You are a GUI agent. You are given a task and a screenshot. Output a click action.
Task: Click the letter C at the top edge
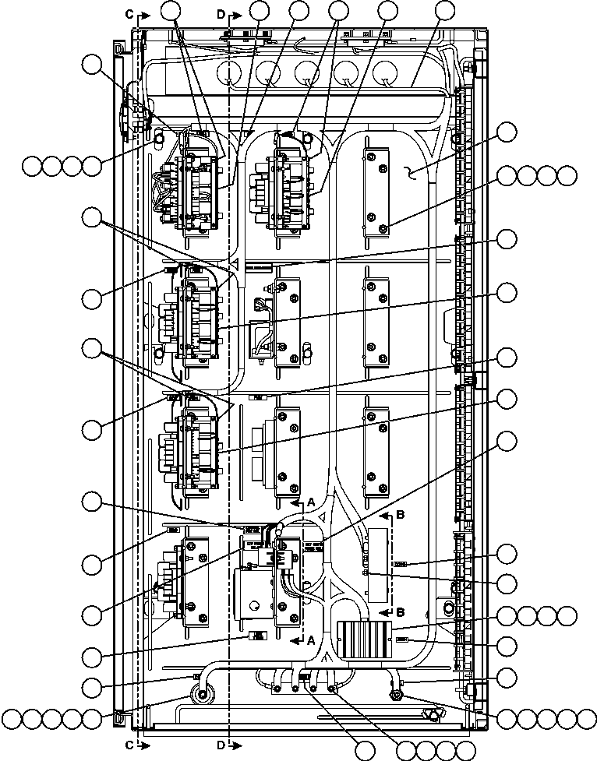(129, 14)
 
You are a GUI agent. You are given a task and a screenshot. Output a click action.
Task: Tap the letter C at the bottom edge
(129, 745)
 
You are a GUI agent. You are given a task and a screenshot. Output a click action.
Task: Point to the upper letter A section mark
(310, 503)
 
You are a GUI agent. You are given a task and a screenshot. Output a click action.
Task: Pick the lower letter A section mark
(310, 639)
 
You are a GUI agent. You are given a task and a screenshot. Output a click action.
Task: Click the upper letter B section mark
(401, 515)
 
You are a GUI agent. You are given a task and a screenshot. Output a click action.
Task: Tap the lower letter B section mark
(401, 611)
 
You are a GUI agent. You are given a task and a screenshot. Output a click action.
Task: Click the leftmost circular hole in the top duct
(229, 76)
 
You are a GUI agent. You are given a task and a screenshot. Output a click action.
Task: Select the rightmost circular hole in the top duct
(384, 76)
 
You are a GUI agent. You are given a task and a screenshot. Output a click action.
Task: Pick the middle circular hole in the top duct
(307, 76)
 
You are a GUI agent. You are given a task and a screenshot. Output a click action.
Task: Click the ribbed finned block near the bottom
(364, 639)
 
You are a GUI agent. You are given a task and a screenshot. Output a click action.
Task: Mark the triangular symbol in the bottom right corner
(427, 713)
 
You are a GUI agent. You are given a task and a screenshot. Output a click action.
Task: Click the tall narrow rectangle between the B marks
(378, 562)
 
